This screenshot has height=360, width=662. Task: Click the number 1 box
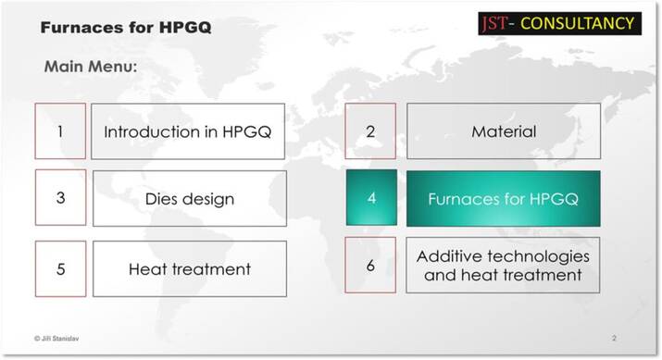point(60,131)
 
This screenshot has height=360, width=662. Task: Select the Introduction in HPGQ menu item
point(188,131)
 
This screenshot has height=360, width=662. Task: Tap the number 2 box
point(370,131)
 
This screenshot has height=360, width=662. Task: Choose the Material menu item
point(504,131)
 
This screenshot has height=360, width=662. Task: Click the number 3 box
point(60,197)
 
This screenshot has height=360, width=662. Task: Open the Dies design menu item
point(190,198)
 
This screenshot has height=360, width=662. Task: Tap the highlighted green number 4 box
point(371,197)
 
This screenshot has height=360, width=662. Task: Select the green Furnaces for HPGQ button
point(504,198)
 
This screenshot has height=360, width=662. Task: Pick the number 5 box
point(60,268)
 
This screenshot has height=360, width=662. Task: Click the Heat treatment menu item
point(190,268)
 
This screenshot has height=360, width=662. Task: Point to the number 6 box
point(370,265)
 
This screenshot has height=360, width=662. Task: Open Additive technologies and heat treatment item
point(503,265)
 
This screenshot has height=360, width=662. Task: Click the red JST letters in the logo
point(494,23)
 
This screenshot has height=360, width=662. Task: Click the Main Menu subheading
point(91,67)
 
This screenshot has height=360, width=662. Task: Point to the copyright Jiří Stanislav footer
point(56,338)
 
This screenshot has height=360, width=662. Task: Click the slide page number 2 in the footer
point(614,338)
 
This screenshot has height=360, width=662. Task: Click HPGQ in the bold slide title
point(185,28)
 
